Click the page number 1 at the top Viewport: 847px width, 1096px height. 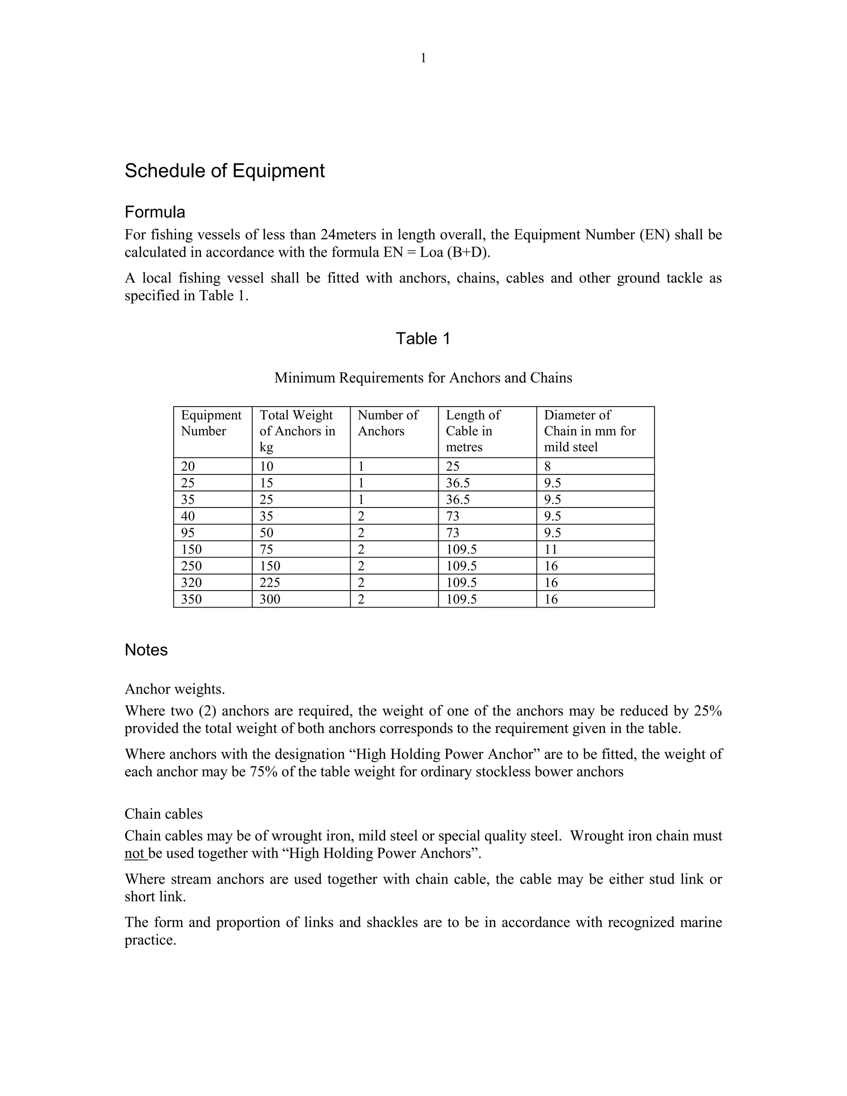tap(423, 58)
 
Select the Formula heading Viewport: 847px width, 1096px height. tap(155, 212)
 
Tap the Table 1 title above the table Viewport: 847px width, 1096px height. tap(423, 338)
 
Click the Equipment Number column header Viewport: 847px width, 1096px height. tap(211, 423)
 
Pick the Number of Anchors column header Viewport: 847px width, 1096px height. tap(388, 423)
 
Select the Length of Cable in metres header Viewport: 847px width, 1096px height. tap(473, 431)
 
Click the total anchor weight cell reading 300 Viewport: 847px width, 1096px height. tap(270, 599)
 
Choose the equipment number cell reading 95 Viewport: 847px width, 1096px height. tap(188, 533)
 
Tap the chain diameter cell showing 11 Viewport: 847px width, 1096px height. tap(550, 550)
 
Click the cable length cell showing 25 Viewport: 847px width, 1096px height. tap(452, 466)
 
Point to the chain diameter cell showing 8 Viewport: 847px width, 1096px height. tap(548, 466)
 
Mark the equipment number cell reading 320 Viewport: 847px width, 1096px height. tap(191, 583)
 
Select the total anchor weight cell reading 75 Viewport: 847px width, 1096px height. tap(266, 550)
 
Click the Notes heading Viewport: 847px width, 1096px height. tap(146, 650)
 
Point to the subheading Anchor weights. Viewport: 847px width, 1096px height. tap(175, 689)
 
